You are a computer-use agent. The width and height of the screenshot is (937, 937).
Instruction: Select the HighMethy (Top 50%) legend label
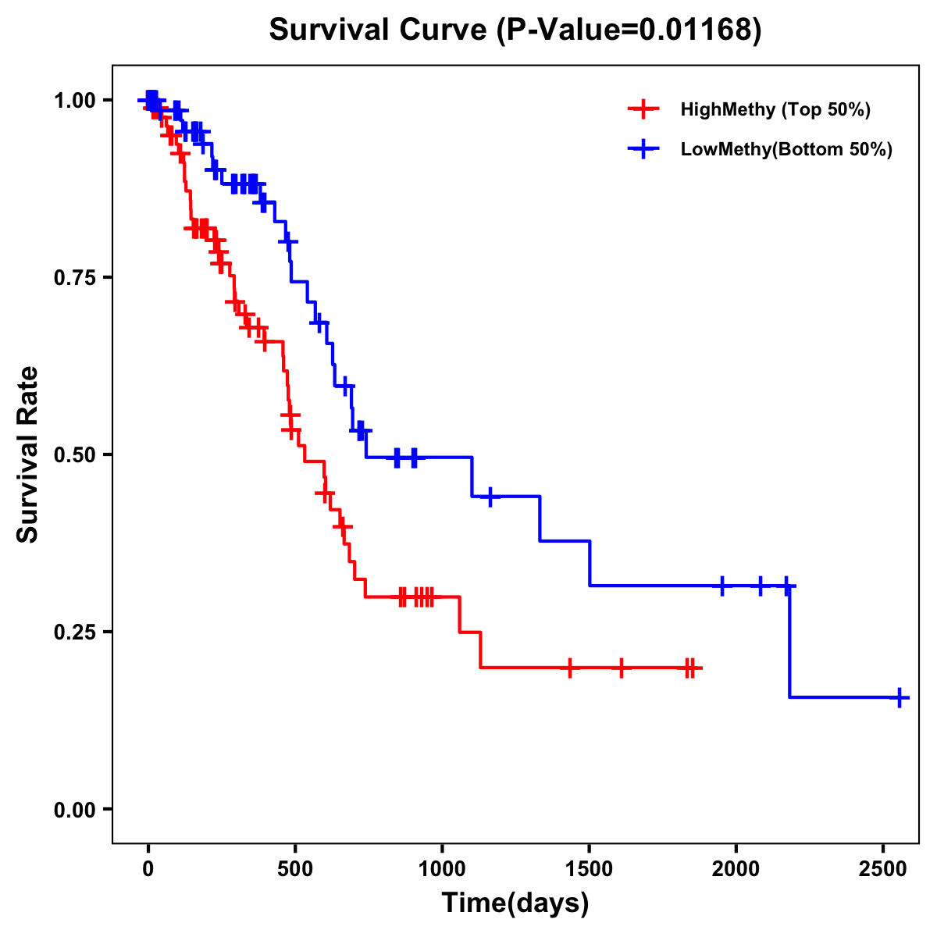coord(775,109)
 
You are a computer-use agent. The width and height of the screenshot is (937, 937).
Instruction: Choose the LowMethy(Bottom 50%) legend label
coord(786,150)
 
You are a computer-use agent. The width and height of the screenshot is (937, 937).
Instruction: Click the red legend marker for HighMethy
coord(643,109)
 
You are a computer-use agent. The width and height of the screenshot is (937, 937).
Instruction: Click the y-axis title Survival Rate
coord(28,454)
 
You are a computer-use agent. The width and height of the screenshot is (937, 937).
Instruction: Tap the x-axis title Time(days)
coord(515,903)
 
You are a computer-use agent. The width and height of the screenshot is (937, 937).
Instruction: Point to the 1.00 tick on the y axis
coord(74,101)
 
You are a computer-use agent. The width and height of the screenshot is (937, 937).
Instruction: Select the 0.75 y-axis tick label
coord(74,278)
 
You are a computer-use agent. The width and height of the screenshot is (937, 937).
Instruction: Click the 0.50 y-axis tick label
coord(74,455)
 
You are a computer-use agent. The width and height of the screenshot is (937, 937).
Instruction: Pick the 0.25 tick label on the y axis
coord(74,632)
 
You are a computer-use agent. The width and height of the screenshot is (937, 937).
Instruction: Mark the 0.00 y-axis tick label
coord(74,810)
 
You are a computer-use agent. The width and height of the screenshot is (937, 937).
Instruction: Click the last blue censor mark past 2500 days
coord(900,697)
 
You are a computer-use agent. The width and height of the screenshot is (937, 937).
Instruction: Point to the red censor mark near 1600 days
coord(622,668)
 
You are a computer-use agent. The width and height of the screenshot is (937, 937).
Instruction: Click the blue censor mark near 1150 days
coord(490,497)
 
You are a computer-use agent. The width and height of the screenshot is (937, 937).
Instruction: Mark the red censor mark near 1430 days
coord(570,668)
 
